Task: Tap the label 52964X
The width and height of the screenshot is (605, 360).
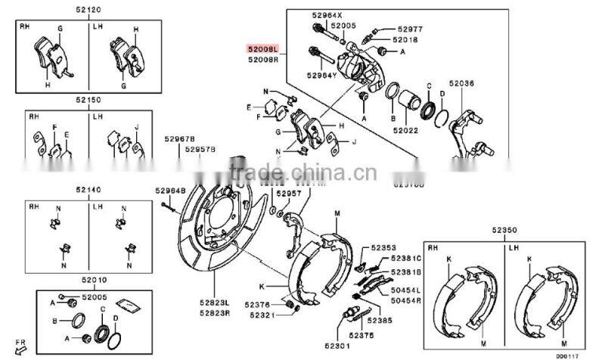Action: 326,15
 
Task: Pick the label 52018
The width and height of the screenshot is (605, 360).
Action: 406,39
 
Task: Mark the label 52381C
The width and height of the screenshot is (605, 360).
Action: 407,259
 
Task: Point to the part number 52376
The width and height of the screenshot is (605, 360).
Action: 257,305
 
